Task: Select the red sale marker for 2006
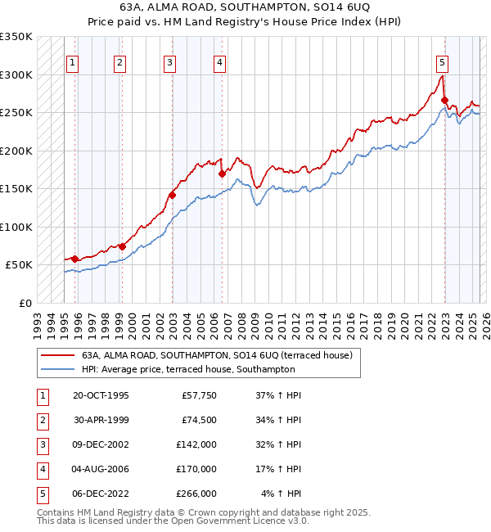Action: point(222,174)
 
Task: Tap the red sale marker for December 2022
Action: point(444,101)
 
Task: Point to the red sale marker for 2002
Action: point(172,195)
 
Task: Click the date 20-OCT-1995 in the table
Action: point(101,395)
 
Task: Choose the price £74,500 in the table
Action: point(199,420)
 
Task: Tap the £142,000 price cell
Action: point(196,444)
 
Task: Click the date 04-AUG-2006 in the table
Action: point(101,469)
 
